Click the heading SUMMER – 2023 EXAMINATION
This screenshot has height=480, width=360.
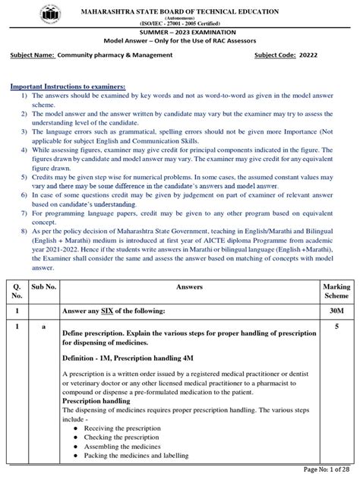coord(180,33)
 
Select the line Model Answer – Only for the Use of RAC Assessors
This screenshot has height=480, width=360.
coord(180,42)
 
